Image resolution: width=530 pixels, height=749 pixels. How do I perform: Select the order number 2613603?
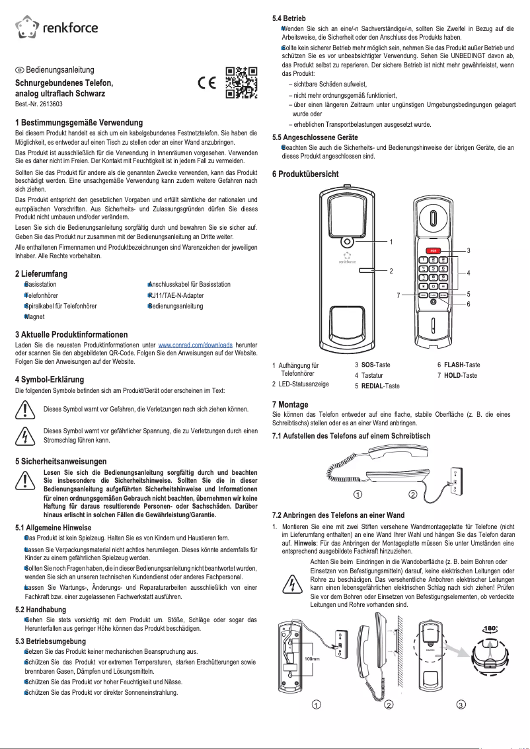pos(39,104)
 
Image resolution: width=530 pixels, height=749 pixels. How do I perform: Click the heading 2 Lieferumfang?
pos(41,273)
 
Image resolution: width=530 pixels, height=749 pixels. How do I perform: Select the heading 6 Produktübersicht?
pos(305,174)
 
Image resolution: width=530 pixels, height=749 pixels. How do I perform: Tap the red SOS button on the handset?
pos(433,250)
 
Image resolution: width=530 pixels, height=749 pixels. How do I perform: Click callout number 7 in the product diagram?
pos(398,295)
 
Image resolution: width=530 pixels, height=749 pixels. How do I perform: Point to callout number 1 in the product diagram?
pos(391,242)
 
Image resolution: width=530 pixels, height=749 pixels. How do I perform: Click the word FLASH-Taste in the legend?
pos(462,365)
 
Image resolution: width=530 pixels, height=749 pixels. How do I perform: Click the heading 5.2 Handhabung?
pos(40,610)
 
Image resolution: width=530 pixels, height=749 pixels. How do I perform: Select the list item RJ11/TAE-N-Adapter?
pos(176,295)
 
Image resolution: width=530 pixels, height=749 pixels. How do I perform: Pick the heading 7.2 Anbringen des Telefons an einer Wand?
pos(347,515)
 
